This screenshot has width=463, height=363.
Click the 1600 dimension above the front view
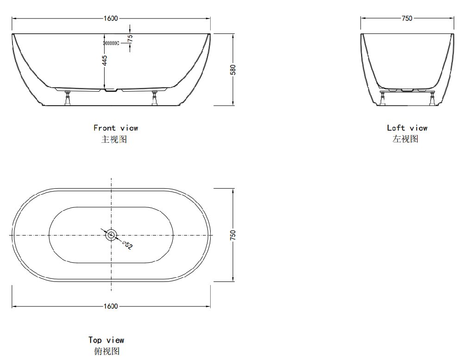click(111, 19)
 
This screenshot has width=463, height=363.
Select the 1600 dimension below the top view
click(111, 306)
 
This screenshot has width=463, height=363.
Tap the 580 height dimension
click(233, 70)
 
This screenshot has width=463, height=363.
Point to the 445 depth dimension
click(105, 60)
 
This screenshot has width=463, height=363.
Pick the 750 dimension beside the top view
click(233, 235)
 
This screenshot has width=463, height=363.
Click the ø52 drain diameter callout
click(127, 245)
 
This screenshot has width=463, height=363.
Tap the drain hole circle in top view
click(111, 235)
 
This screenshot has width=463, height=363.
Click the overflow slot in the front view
click(111, 43)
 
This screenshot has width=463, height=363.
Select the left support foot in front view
click(68, 98)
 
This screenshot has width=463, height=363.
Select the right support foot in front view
click(155, 98)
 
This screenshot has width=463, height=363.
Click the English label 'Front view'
click(116, 128)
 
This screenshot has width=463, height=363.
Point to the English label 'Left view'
click(407, 128)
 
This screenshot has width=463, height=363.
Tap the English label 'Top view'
click(106, 340)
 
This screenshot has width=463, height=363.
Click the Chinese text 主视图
click(114, 139)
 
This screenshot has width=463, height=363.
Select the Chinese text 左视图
click(405, 139)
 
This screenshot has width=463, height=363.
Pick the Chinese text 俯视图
click(106, 351)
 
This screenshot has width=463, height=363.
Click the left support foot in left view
click(382, 98)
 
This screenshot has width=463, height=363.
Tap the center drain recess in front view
click(111, 90)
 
